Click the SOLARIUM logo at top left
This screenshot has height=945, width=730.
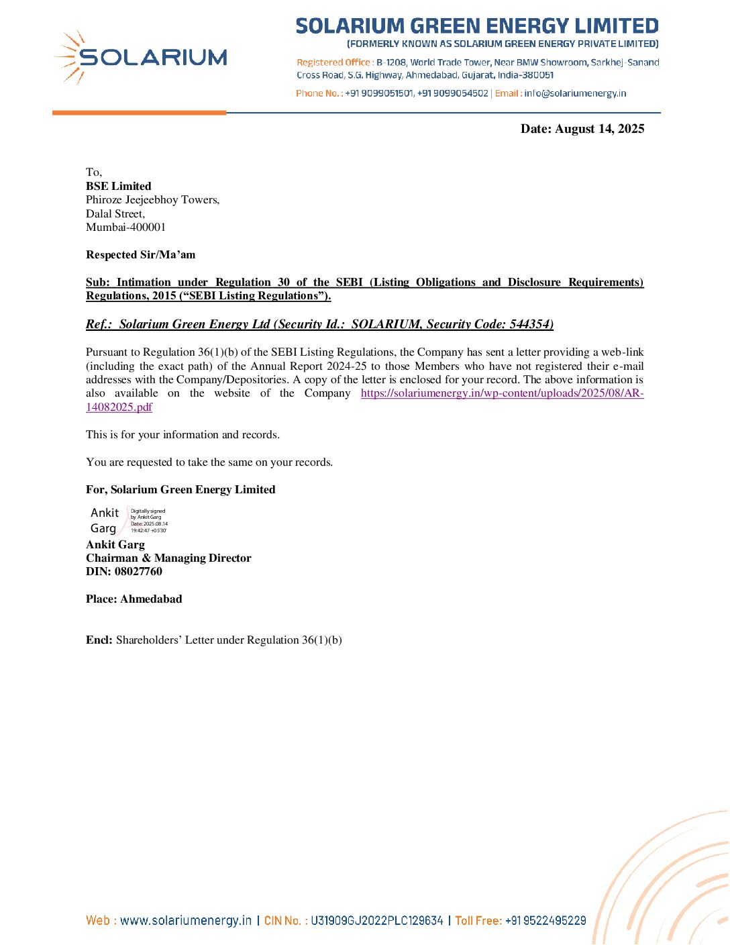point(141,58)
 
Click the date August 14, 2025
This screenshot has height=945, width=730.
point(600,129)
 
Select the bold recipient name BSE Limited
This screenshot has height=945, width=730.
point(119,186)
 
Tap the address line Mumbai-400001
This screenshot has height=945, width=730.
point(125,227)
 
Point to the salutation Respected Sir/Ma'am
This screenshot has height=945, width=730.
point(141,254)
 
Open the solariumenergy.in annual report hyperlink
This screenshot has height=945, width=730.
point(502,393)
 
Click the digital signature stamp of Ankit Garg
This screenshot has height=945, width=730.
point(129,520)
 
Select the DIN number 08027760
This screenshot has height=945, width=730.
point(138,571)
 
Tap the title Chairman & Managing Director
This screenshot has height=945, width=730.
point(168,558)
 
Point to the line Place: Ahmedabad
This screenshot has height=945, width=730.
point(134,599)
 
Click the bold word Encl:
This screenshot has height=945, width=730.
point(99,640)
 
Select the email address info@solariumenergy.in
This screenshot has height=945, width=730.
point(575,93)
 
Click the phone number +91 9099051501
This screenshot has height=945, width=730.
point(379,93)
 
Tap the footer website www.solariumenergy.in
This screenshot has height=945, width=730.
point(186,920)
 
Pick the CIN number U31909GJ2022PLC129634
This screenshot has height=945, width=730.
point(376,920)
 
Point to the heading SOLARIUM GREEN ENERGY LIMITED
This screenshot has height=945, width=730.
point(477,26)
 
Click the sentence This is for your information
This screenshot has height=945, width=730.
point(182,434)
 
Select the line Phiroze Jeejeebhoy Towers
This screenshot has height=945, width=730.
point(152,199)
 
